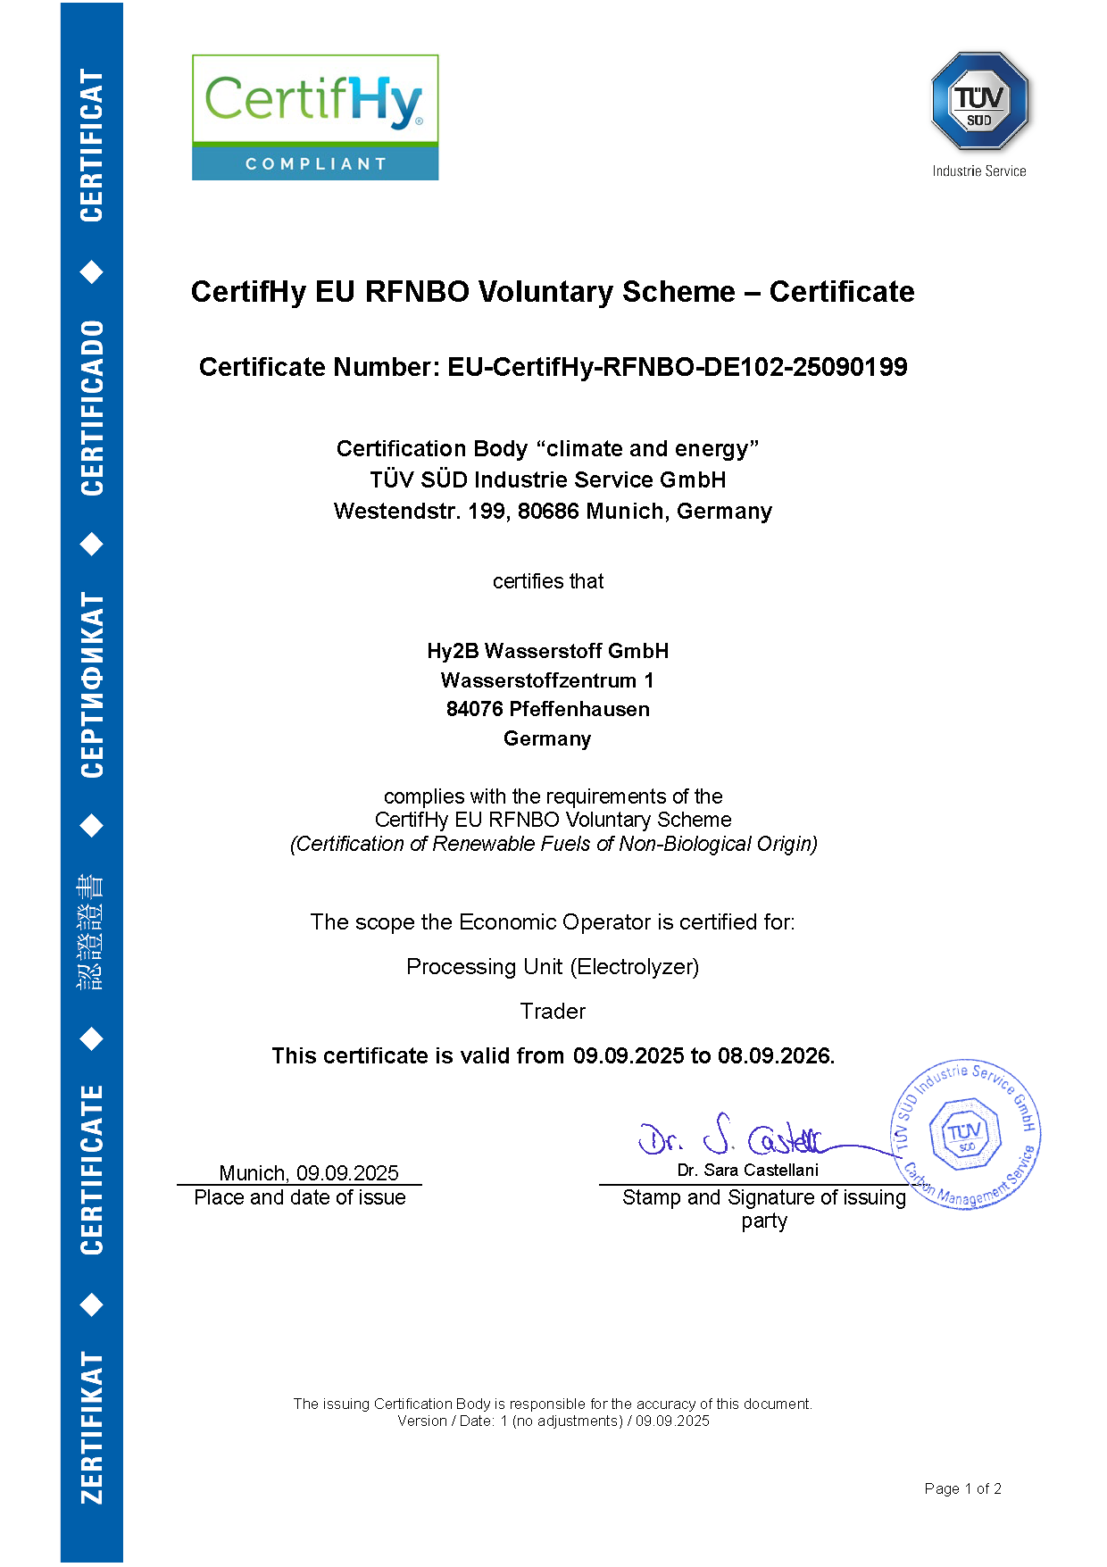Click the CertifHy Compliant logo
pos(315,117)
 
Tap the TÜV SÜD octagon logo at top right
pos(979,101)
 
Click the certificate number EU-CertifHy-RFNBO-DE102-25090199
pos(678,367)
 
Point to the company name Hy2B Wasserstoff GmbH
pos(547,651)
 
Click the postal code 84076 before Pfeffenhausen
pos(474,710)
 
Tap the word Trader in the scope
pos(553,1012)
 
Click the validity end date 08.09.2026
pos(774,1056)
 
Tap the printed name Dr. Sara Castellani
pos(747,1170)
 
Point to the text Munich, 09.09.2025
pos(309,1172)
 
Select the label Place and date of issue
pos(300,1197)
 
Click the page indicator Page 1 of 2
pos(962,1488)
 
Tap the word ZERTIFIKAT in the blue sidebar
pos(92,1427)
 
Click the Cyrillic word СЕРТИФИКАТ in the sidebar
pos(92,685)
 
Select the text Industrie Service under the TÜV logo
pos(979,171)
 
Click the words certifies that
pos(548,581)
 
